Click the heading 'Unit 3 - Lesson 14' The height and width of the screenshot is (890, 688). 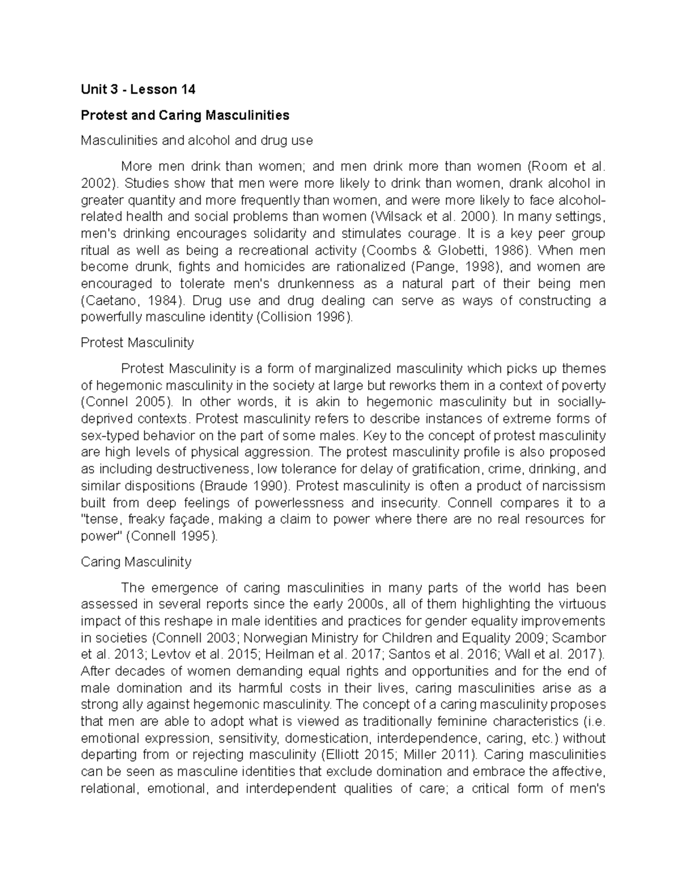(138, 89)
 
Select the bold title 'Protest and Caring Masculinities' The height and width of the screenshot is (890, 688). (185, 115)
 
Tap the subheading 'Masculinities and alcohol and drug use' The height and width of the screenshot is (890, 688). (197, 140)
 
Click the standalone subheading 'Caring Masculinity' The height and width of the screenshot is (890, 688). (136, 562)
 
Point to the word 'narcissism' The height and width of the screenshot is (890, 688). (575, 486)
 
